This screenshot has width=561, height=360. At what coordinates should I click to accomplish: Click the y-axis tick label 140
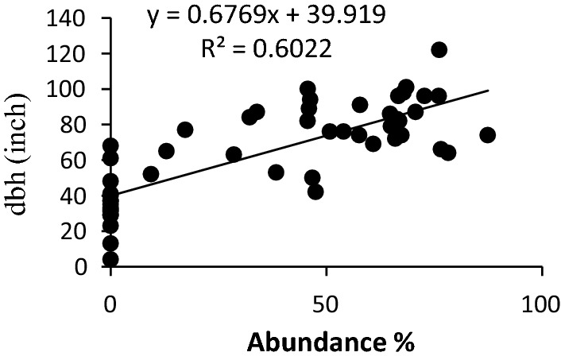click(70, 17)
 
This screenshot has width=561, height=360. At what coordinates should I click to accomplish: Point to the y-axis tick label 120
click(70, 53)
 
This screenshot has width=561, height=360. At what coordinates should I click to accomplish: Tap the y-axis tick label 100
click(70, 89)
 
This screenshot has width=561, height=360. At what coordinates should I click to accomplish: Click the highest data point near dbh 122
click(439, 49)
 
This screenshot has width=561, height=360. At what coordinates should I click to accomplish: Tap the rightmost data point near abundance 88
click(487, 135)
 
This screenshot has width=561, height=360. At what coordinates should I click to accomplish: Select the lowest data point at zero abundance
click(110, 259)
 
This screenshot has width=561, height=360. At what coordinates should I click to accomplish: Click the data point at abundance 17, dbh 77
click(185, 130)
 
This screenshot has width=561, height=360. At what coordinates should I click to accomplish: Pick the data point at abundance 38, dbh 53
click(276, 172)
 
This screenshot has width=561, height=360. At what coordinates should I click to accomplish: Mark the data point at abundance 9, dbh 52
click(151, 174)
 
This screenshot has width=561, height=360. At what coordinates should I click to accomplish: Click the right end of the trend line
click(489, 90)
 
